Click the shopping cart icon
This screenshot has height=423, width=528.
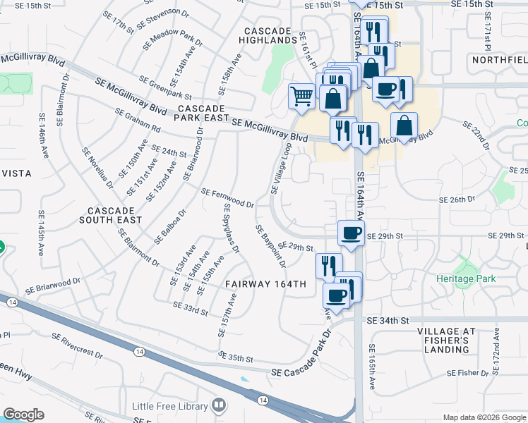pyautogui.click(x=302, y=95)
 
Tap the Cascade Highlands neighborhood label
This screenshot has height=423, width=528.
pyautogui.click(x=268, y=36)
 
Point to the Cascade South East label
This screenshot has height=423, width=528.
pyautogui.click(x=115, y=215)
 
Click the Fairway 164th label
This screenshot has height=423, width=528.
pyautogui.click(x=265, y=284)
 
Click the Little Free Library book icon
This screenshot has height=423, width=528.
pyautogui.click(x=219, y=405)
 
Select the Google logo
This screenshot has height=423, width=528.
pyautogui.click(x=23, y=415)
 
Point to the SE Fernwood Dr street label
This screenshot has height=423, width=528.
pyautogui.click(x=227, y=197)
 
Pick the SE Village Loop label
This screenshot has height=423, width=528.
pyautogui.click(x=280, y=168)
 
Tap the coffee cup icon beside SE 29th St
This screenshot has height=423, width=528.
pyautogui.click(x=351, y=233)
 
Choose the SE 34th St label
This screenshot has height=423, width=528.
pyautogui.click(x=388, y=320)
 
